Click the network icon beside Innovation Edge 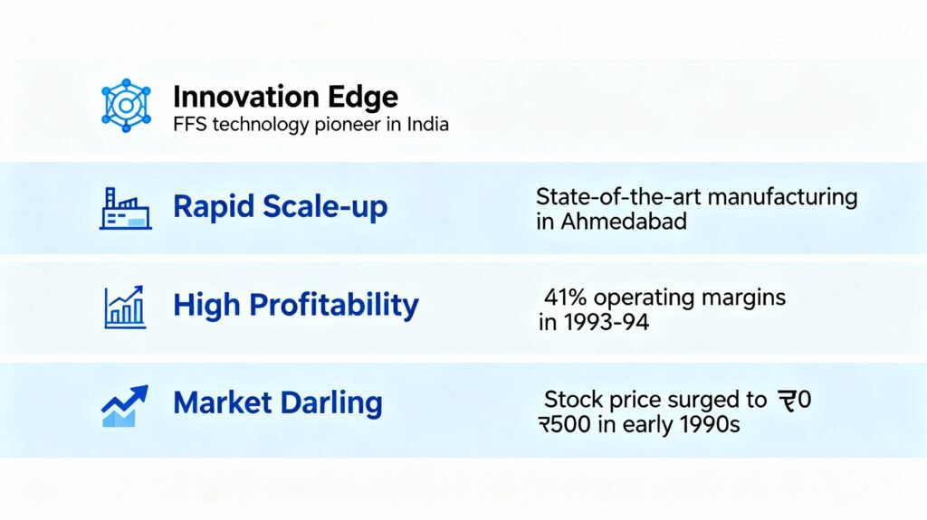[x=126, y=105]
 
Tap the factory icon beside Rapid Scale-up [x=125, y=208]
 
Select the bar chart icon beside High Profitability [x=125, y=307]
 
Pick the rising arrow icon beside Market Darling [x=124, y=406]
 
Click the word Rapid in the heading [x=213, y=207]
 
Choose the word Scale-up [x=325, y=207]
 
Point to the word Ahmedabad [x=624, y=222]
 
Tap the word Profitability [x=334, y=306]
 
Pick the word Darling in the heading [x=331, y=403]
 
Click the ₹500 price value [x=564, y=424]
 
